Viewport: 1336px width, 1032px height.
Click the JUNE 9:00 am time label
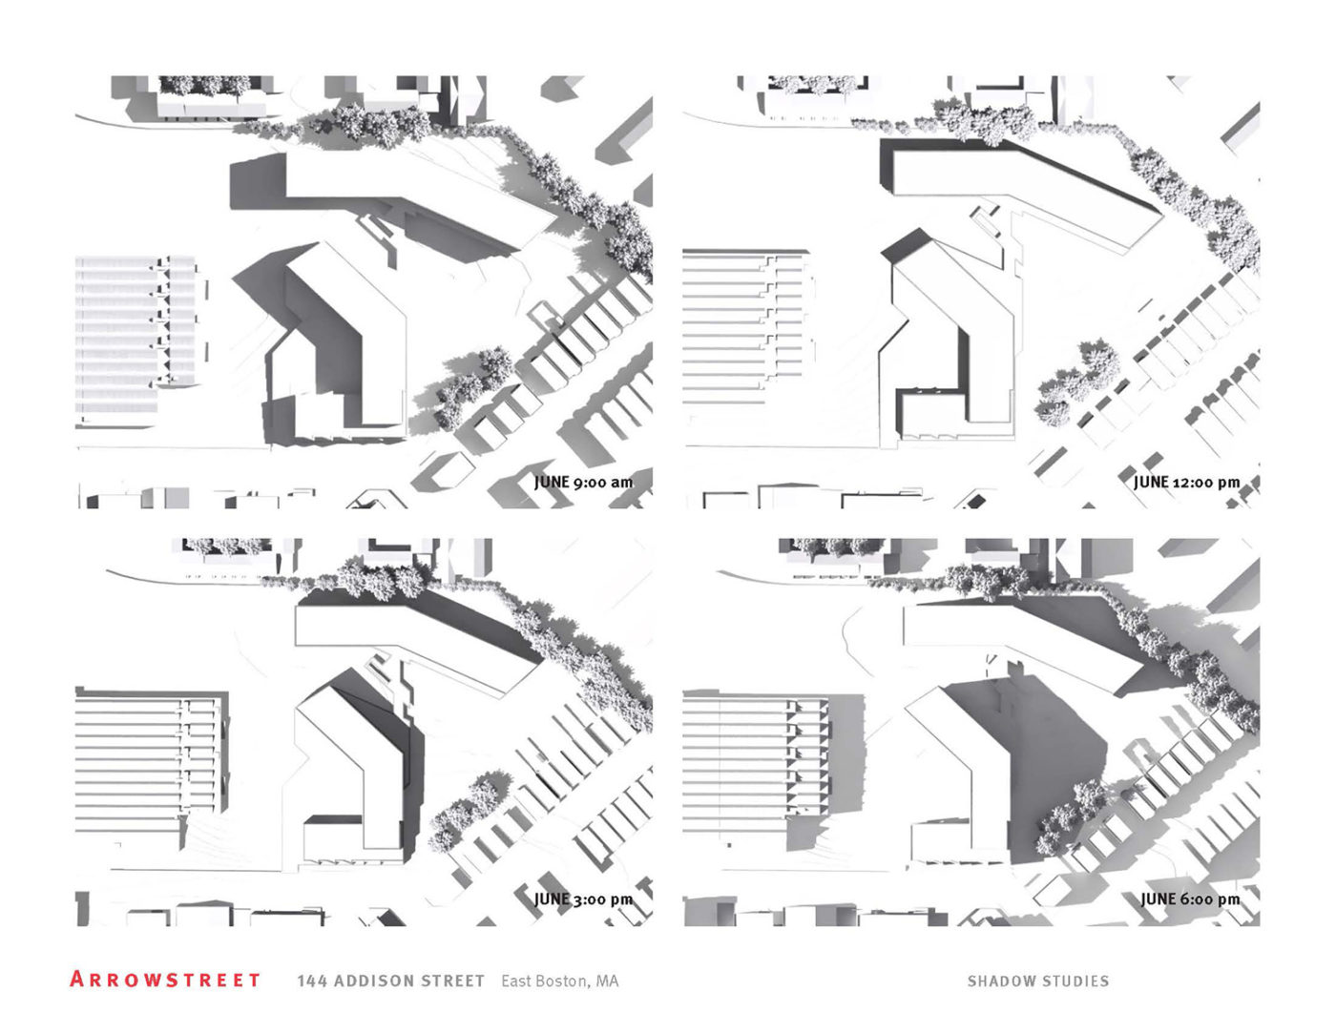(x=583, y=483)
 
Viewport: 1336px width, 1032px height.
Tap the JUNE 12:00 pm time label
(x=1186, y=483)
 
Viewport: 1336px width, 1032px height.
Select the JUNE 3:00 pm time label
(x=583, y=899)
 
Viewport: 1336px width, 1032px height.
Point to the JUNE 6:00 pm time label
(x=1190, y=899)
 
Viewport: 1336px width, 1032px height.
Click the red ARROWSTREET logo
(x=165, y=980)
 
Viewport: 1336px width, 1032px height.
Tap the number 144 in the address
(x=312, y=981)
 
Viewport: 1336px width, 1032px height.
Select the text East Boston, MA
(x=559, y=981)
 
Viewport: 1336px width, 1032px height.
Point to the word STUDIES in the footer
(x=1071, y=981)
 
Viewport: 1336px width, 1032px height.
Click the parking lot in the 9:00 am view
(x=136, y=340)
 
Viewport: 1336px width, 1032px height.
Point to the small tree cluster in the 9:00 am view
(x=474, y=387)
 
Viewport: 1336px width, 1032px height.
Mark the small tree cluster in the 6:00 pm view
(x=1073, y=817)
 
